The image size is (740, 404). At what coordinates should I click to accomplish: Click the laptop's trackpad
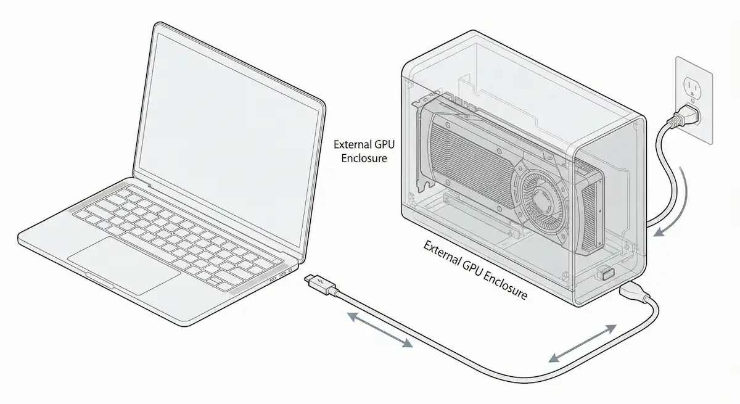click(x=124, y=266)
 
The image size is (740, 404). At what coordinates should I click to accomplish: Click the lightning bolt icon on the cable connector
click(x=319, y=282)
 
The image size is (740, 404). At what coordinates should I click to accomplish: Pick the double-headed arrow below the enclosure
click(x=583, y=343)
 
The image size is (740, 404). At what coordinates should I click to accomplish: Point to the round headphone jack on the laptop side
click(x=290, y=271)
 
